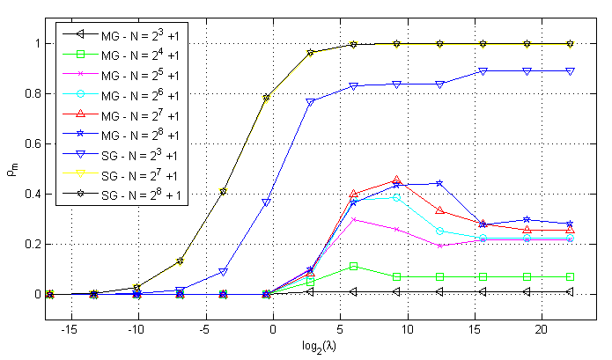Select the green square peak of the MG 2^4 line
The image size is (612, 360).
point(353,266)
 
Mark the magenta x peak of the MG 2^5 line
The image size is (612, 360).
point(353,219)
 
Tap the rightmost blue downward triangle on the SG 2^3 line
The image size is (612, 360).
point(570,70)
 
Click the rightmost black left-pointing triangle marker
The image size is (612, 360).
point(570,291)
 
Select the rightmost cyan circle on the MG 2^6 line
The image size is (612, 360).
point(570,238)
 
